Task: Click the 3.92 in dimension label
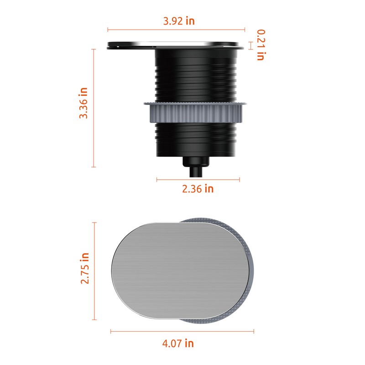pos(179,21)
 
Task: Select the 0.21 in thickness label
pos(261,45)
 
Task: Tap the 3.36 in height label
pos(83,103)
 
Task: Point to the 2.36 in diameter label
pos(198,188)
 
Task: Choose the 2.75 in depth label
pos(85,268)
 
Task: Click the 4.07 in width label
pos(178,344)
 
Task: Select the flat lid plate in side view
pos(175,45)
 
